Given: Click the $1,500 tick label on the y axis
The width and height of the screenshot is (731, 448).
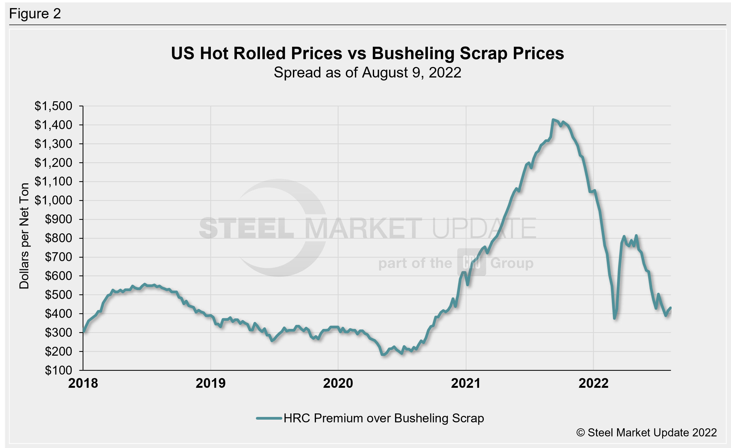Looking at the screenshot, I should [53, 106].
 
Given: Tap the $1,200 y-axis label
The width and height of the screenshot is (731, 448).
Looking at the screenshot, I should [53, 163].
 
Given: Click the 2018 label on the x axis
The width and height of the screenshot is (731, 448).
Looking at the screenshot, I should [83, 383].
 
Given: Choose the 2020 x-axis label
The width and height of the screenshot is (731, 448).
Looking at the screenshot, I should [338, 383].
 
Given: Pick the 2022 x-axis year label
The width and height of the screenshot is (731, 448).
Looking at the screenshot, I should [593, 383].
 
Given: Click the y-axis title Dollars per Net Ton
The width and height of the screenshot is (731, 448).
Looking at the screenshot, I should [24, 236].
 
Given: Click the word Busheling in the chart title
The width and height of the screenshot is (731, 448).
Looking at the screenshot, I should [413, 53].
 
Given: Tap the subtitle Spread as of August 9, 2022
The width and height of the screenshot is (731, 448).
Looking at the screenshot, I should [367, 73].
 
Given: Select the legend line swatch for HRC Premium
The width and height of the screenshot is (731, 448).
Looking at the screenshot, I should [269, 418].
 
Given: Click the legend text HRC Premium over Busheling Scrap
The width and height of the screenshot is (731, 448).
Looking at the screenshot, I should [384, 418].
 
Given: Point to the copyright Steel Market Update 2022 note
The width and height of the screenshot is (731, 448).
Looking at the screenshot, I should [647, 433].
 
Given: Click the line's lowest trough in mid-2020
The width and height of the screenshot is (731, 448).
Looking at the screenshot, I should [383, 354].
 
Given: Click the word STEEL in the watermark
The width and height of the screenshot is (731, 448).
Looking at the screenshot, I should [246, 228].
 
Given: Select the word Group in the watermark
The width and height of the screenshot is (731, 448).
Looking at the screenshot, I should [512, 263].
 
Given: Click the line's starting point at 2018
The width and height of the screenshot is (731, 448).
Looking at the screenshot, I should [84, 332].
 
